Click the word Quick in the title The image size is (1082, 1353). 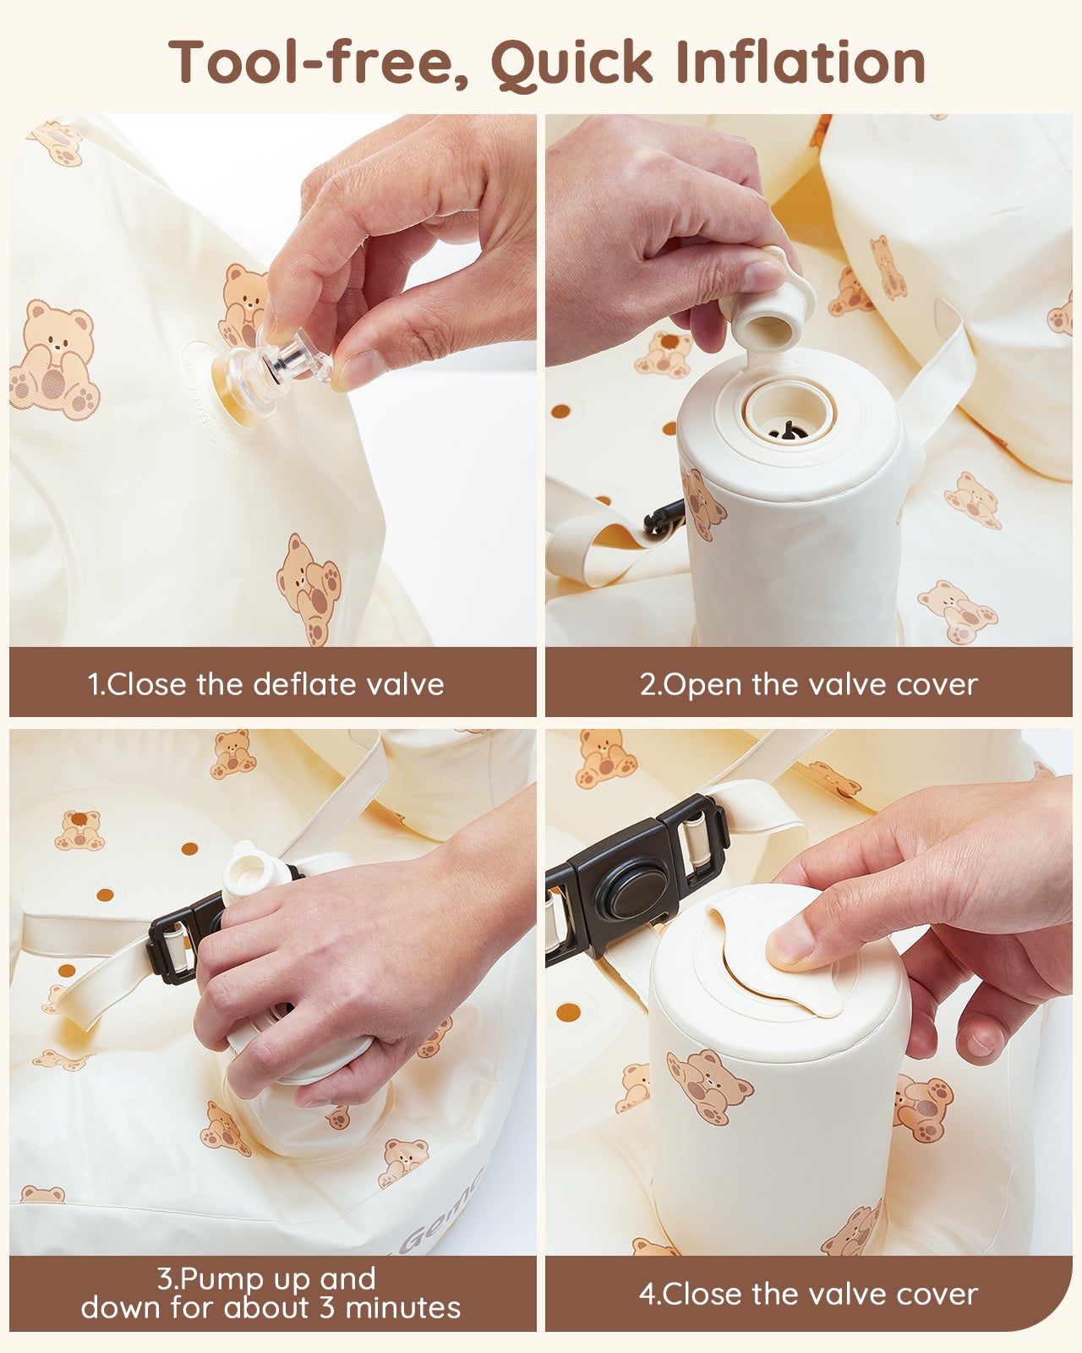[572, 63]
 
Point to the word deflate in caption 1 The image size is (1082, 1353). [304, 684]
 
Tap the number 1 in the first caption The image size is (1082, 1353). [94, 684]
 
